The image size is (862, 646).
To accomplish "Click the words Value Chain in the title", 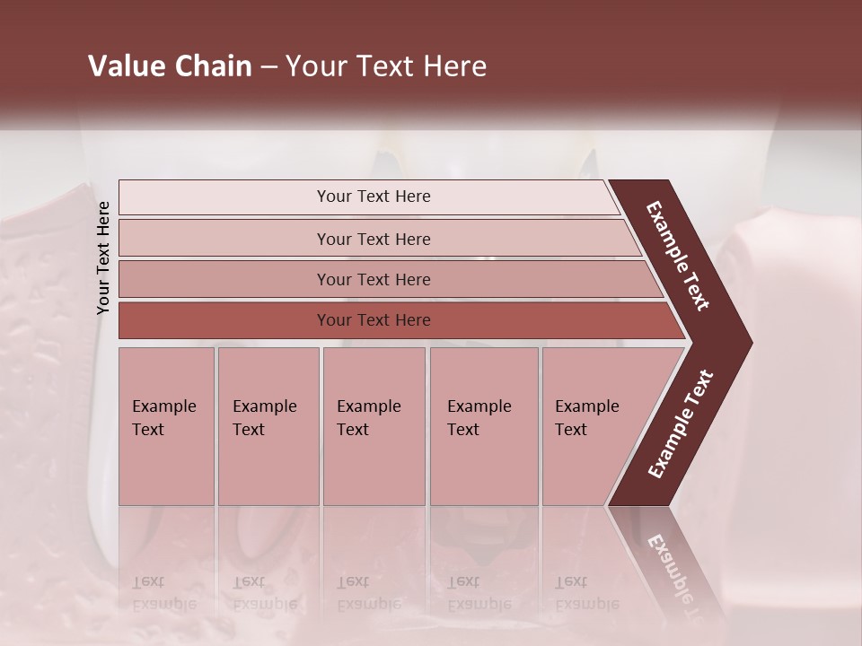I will pos(170,66).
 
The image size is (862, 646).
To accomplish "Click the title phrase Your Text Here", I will pos(386,66).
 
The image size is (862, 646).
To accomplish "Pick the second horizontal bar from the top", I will pos(374,239).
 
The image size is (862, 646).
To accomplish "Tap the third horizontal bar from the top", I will pos(374,279).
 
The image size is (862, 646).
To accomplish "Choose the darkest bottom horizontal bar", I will pos(374,320).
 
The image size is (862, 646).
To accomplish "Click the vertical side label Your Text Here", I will pos(103,258).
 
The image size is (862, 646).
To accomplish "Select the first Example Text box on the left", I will pos(166,426).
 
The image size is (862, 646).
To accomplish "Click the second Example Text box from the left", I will pos(268,426).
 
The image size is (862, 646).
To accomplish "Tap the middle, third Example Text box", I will pos(374,426).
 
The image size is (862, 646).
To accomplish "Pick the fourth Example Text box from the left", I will pos(484,426).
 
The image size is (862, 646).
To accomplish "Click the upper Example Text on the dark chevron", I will pos(678,257).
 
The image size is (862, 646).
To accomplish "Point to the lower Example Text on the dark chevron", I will pos(680,424).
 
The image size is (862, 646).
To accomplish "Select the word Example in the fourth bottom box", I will pos(479,406).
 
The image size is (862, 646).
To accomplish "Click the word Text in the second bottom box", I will pos(249,430).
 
